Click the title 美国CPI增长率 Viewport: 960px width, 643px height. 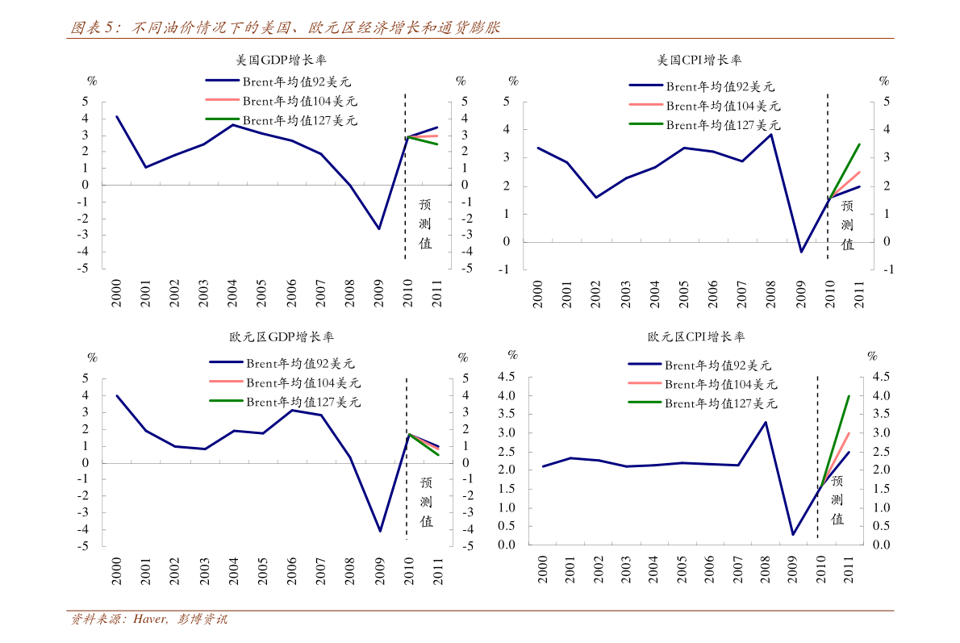click(699, 60)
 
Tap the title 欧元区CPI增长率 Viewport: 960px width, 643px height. click(696, 337)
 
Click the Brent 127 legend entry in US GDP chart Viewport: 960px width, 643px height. click(299, 121)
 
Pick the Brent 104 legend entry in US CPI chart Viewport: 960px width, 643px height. click(722, 106)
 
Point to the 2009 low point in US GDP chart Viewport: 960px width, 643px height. click(378, 229)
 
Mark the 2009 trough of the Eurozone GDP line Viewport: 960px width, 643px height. click(379, 531)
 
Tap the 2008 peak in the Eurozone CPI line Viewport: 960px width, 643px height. click(765, 422)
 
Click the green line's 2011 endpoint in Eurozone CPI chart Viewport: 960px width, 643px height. click(849, 396)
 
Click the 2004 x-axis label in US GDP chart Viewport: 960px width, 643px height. click(232, 294)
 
